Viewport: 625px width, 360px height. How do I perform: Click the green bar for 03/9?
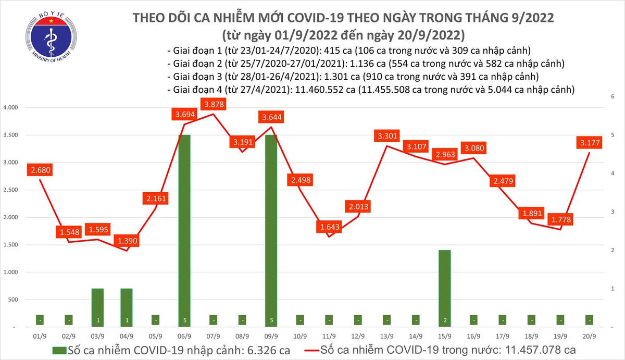[x=98, y=307]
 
